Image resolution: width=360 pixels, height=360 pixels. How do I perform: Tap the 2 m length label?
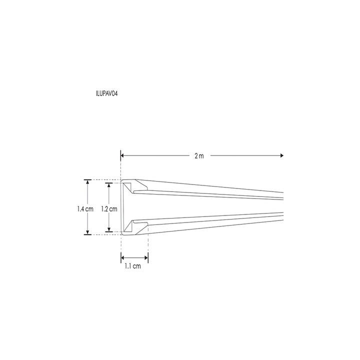199,156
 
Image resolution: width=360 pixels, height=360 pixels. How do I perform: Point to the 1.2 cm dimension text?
109,209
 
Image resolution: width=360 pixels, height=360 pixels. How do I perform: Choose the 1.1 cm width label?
133,266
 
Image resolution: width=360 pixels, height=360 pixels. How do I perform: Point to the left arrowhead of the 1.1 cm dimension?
123,257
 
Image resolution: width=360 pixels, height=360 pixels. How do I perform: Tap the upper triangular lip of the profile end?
128,187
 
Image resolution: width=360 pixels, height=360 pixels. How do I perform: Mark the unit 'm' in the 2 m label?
201,156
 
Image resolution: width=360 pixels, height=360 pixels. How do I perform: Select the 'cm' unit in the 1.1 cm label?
136,266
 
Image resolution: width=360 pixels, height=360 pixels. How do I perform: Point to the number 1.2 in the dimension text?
104,209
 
